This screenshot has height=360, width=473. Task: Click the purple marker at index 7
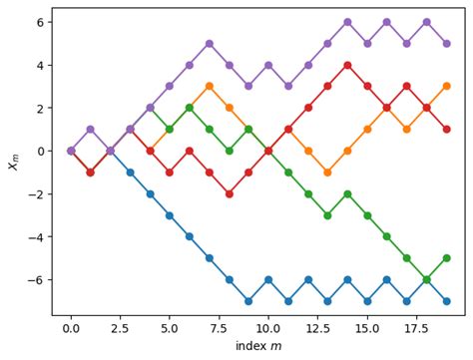pos(209,43)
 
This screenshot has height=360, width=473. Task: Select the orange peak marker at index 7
pos(209,86)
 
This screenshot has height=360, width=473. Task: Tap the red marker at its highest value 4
pos(347,65)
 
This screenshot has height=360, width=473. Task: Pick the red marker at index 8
pos(229,193)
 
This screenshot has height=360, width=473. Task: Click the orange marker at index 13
pos(327,172)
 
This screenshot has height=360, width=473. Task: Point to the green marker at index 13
pos(327,214)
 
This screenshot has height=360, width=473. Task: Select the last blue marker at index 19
pos(446,300)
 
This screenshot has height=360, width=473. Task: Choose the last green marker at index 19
pos(446,257)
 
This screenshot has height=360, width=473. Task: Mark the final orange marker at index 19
pos(446,86)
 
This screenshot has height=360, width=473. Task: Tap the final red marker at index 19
pos(446,129)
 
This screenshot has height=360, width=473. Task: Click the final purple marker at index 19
pos(446,43)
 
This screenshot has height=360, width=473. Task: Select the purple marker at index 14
pos(347,22)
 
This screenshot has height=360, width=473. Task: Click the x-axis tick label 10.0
pos(268,326)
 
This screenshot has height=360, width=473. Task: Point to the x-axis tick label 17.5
pos(416,326)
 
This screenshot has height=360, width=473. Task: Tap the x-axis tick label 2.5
pos(120,326)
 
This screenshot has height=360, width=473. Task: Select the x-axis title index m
pos(258,345)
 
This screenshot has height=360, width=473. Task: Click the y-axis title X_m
pos(14,161)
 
